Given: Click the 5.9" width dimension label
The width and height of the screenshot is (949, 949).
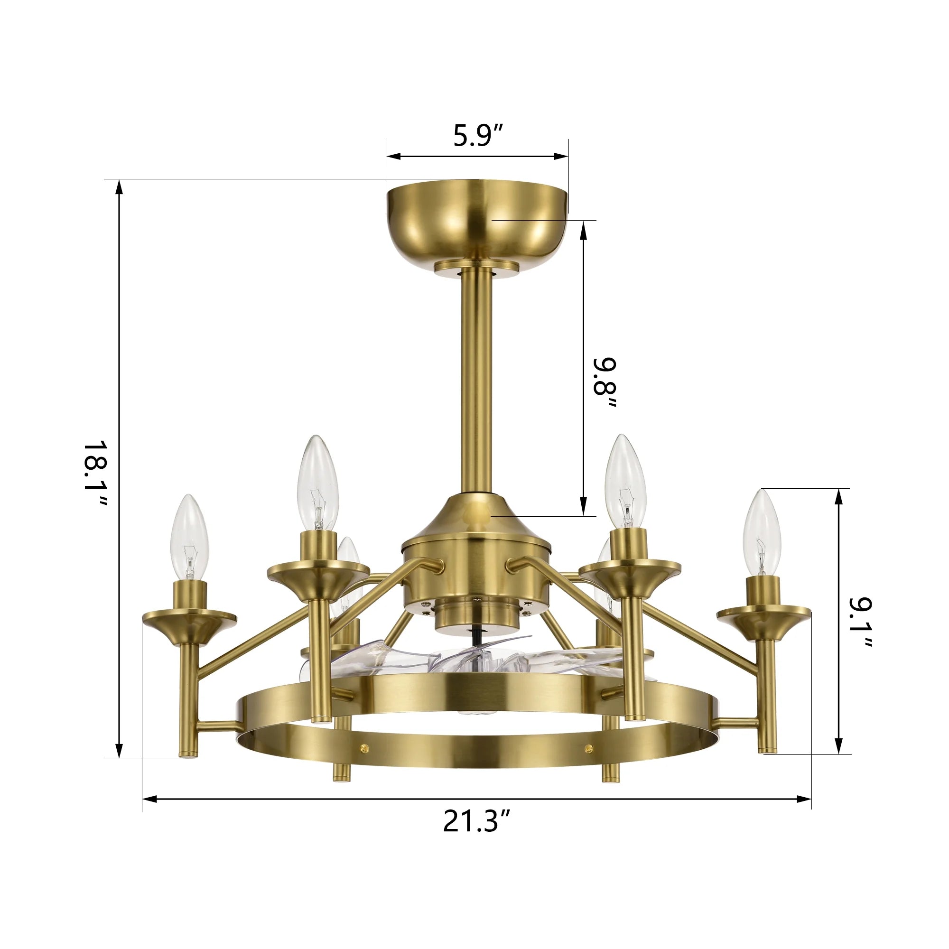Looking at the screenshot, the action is tap(478, 136).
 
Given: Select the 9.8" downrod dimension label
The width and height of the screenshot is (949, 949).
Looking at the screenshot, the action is tap(604, 383).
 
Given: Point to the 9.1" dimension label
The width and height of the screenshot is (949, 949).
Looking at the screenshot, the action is tap(860, 623).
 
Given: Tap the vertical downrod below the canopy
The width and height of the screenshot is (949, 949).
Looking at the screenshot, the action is tap(477, 378).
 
